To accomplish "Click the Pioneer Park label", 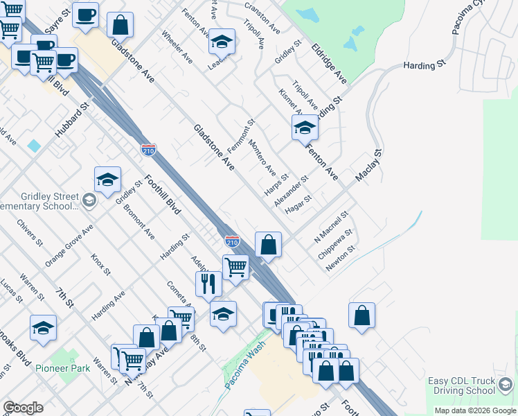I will (x=64, y=368).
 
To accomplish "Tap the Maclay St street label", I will (x=368, y=166).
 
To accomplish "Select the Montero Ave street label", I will (x=262, y=159).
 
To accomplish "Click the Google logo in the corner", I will (x=23, y=408).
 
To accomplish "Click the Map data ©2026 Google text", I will (x=475, y=410).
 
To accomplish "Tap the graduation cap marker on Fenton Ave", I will (x=305, y=128).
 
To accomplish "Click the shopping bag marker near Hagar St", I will (x=269, y=245).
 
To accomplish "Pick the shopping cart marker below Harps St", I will (x=236, y=267).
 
